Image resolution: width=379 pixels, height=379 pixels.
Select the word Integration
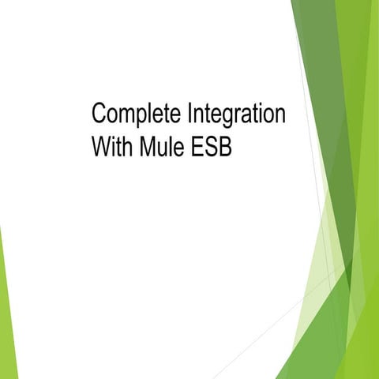(x=236, y=114)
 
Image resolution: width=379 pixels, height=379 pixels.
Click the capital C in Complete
(x=99, y=114)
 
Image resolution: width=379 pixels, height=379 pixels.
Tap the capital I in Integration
(x=189, y=114)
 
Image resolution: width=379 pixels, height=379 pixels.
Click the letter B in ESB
(x=226, y=147)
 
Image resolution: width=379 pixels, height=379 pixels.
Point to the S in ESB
(x=212, y=147)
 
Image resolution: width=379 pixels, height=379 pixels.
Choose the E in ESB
(x=199, y=147)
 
